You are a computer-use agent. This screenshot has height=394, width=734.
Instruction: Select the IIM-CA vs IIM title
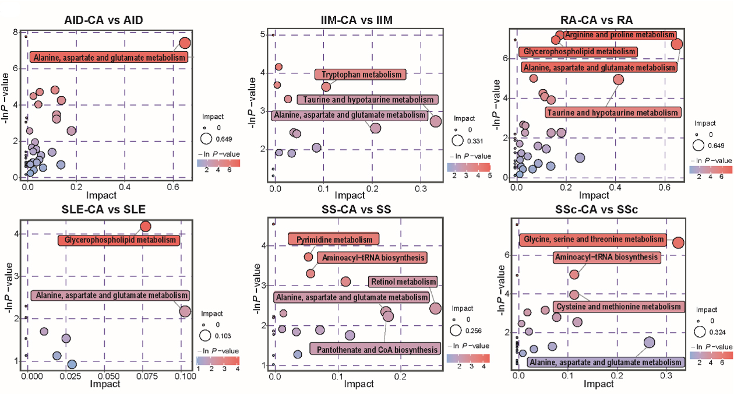348,20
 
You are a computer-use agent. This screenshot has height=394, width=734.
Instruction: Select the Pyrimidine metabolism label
334,240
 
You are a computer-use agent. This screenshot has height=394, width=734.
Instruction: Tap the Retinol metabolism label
403,282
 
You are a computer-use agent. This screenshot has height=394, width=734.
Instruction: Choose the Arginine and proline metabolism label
620,36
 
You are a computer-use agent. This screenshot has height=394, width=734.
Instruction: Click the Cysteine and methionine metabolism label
617,307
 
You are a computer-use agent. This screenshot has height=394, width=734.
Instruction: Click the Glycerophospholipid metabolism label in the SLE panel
120,240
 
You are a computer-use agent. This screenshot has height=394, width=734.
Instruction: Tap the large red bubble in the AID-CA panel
185,43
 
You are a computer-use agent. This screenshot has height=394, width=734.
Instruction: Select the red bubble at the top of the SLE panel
146,226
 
